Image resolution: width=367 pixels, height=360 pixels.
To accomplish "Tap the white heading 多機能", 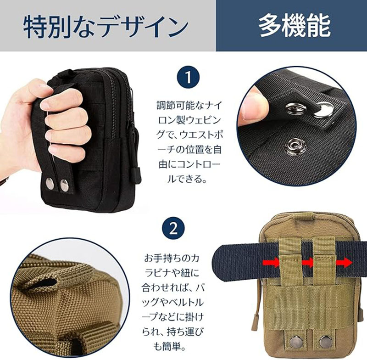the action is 295,25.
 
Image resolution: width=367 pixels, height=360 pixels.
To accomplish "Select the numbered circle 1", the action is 189,77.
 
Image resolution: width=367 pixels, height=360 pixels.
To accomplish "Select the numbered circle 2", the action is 173,229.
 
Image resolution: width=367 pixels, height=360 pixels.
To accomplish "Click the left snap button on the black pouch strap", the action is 50,183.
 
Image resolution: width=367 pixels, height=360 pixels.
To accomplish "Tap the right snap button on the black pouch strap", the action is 64,185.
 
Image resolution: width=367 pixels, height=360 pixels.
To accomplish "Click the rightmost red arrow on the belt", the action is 345,263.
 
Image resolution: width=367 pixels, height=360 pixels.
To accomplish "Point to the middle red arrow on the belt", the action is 307,263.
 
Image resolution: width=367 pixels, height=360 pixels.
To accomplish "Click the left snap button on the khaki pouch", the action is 295,342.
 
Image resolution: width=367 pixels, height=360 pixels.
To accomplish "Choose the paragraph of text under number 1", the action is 189,142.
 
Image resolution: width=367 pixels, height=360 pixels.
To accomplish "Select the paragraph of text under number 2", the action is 173,303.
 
